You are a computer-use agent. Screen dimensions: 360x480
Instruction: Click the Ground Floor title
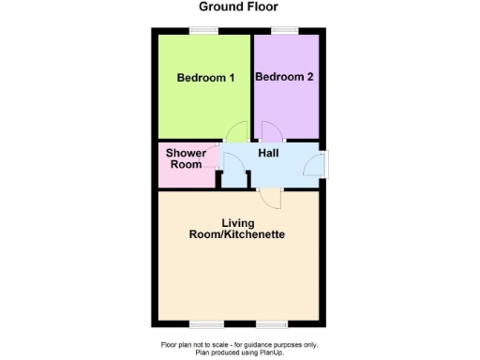(x=239, y=7)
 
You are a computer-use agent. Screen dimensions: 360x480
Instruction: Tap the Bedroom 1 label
(x=205, y=78)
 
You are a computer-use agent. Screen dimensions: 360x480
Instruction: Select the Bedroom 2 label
(x=284, y=78)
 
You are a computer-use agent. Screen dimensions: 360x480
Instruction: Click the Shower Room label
(x=186, y=158)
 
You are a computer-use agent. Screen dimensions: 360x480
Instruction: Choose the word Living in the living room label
(x=239, y=223)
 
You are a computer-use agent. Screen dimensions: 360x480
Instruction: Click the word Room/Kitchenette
(x=240, y=234)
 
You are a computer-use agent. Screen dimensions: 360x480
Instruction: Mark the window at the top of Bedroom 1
(x=203, y=30)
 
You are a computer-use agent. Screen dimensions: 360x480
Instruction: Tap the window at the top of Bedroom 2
(x=285, y=30)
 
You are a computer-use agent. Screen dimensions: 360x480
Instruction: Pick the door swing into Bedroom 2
(x=271, y=133)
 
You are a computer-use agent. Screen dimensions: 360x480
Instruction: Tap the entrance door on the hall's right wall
(x=322, y=163)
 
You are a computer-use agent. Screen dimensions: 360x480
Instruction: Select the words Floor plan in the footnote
(x=176, y=344)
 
